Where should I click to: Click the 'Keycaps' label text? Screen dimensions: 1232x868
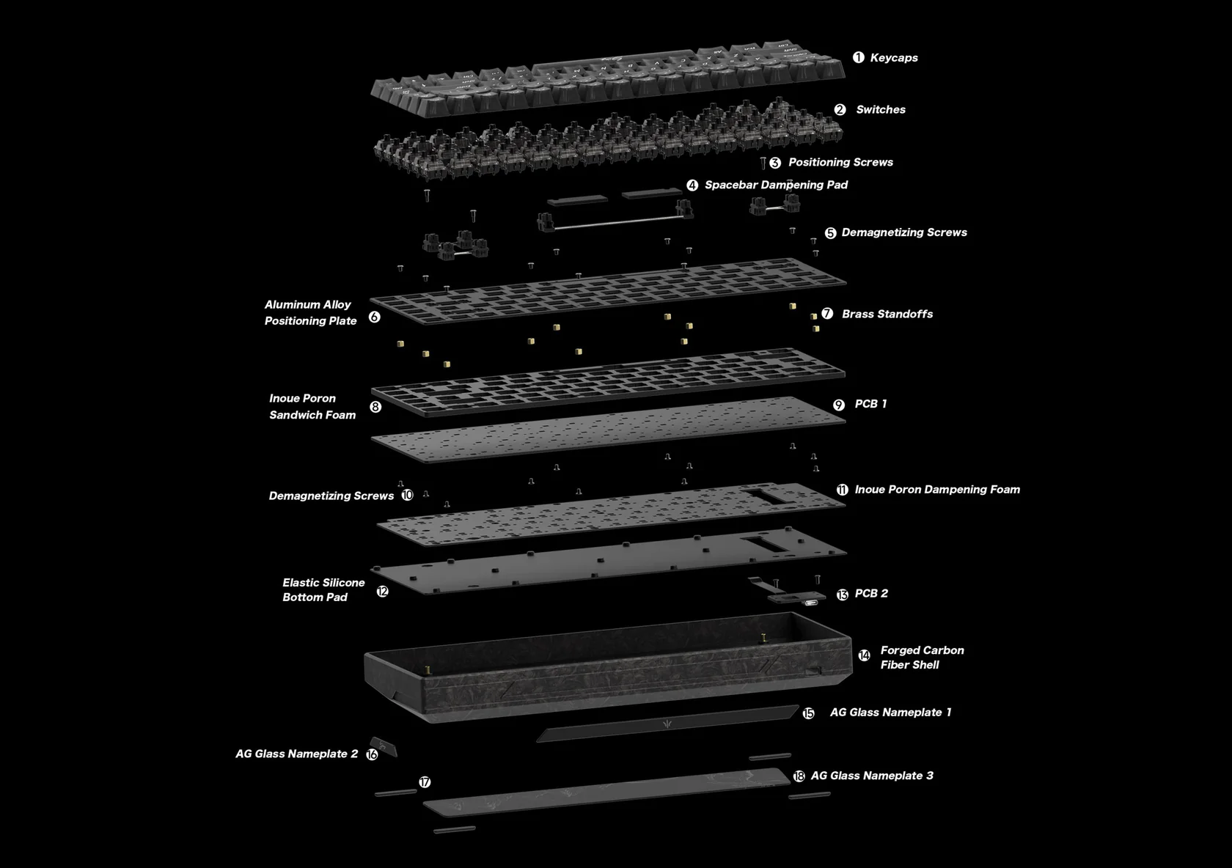point(893,58)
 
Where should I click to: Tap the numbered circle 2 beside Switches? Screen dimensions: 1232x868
point(840,110)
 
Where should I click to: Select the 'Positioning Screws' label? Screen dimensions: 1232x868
point(840,162)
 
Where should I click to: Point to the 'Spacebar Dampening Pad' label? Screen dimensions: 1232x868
point(776,185)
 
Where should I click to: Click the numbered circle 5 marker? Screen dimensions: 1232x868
point(830,233)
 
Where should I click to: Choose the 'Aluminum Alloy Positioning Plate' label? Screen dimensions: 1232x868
point(310,312)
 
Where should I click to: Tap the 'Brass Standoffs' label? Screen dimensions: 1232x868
point(887,314)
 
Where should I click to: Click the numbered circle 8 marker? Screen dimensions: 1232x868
point(375,407)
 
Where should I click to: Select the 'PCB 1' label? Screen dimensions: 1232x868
point(870,404)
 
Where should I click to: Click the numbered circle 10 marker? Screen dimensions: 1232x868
point(407,496)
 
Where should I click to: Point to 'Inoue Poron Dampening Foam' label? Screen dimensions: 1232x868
point(937,490)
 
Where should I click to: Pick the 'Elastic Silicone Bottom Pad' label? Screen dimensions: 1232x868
point(323,589)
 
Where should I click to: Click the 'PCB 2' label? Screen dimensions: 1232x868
point(871,593)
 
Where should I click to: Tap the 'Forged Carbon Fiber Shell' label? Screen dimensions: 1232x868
point(923,658)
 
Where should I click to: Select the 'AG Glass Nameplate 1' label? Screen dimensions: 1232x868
point(890,713)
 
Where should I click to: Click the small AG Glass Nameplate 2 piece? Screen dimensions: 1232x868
point(384,747)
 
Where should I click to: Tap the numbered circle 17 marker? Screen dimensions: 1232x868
point(425,782)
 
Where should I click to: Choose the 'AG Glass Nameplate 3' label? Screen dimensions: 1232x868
point(872,776)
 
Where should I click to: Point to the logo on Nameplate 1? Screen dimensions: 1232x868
point(667,724)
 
